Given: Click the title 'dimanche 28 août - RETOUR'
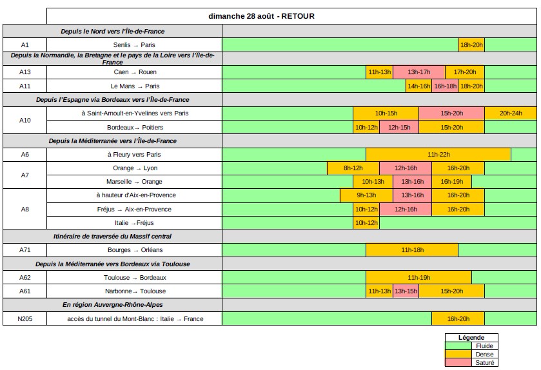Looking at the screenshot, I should click(x=262, y=16).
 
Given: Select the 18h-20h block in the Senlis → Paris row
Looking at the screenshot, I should click(x=471, y=45).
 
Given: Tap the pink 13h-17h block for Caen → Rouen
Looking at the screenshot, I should click(x=418, y=72).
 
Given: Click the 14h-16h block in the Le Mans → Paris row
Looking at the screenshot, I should click(x=418, y=86).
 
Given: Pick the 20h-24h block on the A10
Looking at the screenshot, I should click(x=511, y=113).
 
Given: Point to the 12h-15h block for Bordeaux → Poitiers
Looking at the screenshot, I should click(x=399, y=127).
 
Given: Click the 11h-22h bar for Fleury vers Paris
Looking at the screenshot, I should click(x=438, y=155).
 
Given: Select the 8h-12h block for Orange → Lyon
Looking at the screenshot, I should click(x=353, y=168).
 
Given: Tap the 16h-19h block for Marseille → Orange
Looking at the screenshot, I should click(x=451, y=182).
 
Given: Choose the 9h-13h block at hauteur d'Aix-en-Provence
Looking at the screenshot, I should click(x=366, y=195).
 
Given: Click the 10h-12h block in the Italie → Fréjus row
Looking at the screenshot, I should click(x=366, y=223).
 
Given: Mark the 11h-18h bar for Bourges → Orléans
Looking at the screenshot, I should click(x=412, y=250).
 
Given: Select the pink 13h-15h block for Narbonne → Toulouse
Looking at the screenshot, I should click(x=406, y=291).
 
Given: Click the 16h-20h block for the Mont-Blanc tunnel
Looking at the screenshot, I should click(x=458, y=319).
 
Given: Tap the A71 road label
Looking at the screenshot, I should click(x=25, y=250).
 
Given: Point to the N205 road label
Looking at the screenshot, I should click(x=25, y=319).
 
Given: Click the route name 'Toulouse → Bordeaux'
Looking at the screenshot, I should click(x=135, y=278).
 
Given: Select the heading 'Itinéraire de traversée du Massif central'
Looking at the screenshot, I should click(x=112, y=237).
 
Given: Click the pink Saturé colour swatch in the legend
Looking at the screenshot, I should click(x=458, y=362).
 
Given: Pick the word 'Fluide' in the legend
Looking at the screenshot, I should click(x=484, y=346).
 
